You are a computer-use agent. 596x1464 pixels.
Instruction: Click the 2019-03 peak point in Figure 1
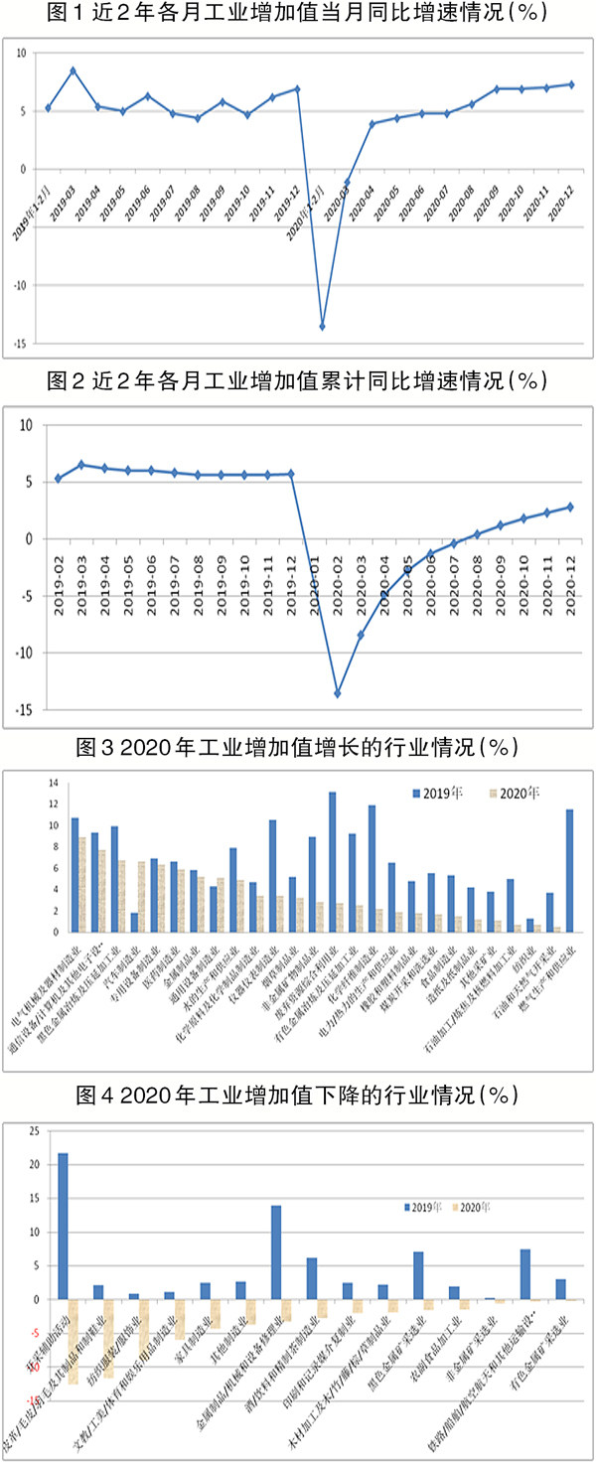pyautogui.click(x=73, y=71)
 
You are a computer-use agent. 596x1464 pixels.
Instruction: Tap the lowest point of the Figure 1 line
pyautogui.click(x=322, y=326)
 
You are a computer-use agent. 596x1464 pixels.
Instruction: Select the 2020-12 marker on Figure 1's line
pyautogui.click(x=571, y=83)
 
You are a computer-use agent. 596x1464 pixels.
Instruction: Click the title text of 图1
pyautogui.click(x=297, y=16)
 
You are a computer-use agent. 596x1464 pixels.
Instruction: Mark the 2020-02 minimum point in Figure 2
pyautogui.click(x=337, y=693)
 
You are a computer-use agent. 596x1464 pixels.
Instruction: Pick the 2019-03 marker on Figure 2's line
pyautogui.click(x=81, y=465)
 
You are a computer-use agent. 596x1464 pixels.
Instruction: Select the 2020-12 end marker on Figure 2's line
pyautogui.click(x=569, y=507)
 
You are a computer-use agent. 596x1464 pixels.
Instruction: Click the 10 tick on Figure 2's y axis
pyautogui.click(x=27, y=425)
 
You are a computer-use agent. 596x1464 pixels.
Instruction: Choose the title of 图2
pyautogui.click(x=297, y=379)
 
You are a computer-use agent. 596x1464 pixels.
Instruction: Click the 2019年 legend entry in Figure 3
pyautogui.click(x=434, y=793)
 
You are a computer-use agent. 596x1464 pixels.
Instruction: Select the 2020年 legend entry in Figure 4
pyautogui.click(x=468, y=1207)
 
